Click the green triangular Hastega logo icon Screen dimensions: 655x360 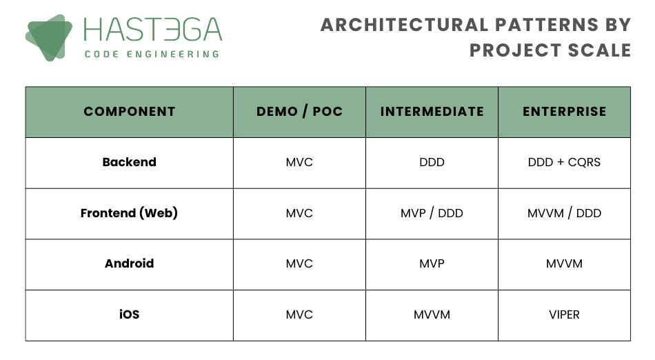pyautogui.click(x=48, y=38)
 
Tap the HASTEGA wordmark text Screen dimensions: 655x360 pyautogui.click(x=152, y=30)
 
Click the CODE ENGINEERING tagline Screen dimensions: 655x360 pyautogui.click(x=152, y=54)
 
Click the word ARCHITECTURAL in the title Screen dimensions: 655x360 pyautogui.click(x=404, y=25)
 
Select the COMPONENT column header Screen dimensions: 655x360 pyautogui.click(x=130, y=112)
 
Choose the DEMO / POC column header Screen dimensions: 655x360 pyautogui.click(x=299, y=112)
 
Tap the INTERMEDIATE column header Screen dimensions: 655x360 pyautogui.click(x=432, y=112)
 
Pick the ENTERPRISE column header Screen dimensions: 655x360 pyautogui.click(x=565, y=112)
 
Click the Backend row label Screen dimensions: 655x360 pyautogui.click(x=130, y=162)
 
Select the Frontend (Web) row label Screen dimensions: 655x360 pyautogui.click(x=129, y=213)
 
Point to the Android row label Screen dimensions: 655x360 pyautogui.click(x=130, y=263)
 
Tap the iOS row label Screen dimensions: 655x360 pyautogui.click(x=130, y=314)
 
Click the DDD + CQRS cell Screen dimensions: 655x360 pyautogui.click(x=565, y=162)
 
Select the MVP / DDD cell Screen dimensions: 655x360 pyautogui.click(x=432, y=213)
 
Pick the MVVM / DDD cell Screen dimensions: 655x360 pyautogui.click(x=565, y=213)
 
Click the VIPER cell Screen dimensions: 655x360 pyautogui.click(x=565, y=314)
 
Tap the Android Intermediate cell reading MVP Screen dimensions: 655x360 pyautogui.click(x=432, y=263)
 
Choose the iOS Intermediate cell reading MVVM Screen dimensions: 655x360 pyautogui.click(x=432, y=314)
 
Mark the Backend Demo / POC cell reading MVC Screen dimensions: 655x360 pyautogui.click(x=299, y=162)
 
